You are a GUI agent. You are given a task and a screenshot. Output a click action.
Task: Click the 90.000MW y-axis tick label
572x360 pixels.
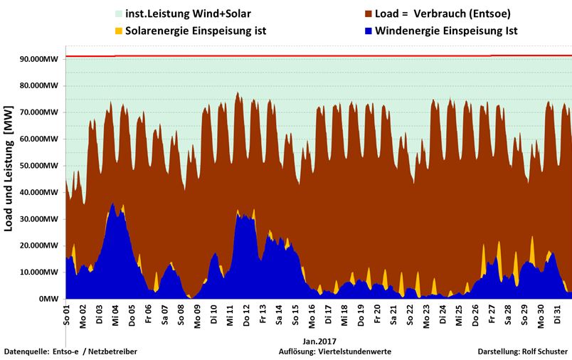pos(41,59)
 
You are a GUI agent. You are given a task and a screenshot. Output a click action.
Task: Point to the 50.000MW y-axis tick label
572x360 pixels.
pos(41,166)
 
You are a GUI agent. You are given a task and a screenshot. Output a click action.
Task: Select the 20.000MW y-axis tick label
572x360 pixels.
pos(41,245)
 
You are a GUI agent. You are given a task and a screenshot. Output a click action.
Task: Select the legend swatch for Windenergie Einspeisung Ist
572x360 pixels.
pos(367,31)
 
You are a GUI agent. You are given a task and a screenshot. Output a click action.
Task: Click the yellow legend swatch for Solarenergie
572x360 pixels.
pos(118,31)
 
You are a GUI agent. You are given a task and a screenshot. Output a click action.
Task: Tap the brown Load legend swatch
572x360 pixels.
pos(367,14)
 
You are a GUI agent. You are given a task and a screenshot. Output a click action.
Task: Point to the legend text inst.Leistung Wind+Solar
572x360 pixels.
pos(187,14)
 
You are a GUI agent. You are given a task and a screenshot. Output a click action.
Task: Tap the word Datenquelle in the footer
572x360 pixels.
pos(26,351)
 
